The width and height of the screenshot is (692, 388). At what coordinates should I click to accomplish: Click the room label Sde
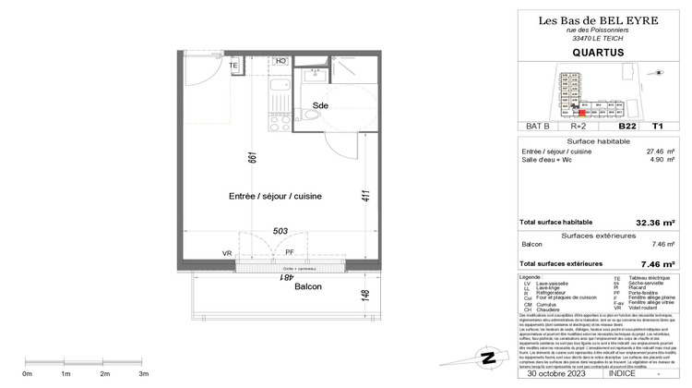[x=320, y=104]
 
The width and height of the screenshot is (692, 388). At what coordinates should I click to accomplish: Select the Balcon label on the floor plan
[x=282, y=287]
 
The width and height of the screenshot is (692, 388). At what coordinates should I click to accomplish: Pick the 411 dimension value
[x=365, y=196]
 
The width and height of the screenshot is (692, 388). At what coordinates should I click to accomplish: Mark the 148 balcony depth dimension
[x=366, y=296]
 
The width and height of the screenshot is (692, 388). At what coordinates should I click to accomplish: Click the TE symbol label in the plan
[x=233, y=67]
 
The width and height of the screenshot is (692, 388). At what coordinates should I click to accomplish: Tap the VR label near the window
[x=227, y=253]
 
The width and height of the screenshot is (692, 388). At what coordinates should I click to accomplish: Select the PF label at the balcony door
[x=289, y=252]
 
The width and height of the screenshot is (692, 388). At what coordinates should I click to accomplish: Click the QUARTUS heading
[x=591, y=54]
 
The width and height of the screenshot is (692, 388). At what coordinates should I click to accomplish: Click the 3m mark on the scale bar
[x=143, y=373]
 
